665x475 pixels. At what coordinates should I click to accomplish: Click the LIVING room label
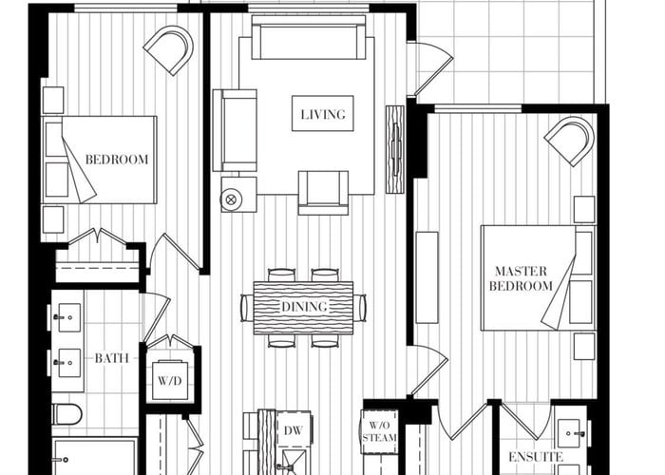point(323,114)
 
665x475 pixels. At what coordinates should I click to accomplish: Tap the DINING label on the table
point(304,307)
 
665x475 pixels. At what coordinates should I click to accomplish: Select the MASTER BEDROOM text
point(521,278)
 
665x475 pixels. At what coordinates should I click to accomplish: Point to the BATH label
point(111,358)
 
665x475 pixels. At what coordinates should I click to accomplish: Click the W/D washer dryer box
point(170,380)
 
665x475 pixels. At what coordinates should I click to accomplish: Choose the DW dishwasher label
point(293,431)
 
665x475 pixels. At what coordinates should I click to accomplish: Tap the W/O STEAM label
point(380,431)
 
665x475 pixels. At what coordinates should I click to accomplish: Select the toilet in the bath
point(67,414)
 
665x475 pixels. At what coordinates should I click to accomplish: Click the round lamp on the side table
point(231,199)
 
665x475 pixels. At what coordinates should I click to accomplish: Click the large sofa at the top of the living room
point(309,37)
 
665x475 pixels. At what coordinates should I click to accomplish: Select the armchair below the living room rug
point(323,193)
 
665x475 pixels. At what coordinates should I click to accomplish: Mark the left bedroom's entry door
point(174,254)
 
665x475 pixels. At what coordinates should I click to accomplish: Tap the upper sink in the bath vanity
point(67,317)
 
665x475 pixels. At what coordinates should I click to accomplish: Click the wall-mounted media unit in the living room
point(395,149)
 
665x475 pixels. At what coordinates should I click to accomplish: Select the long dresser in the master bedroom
point(427,277)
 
